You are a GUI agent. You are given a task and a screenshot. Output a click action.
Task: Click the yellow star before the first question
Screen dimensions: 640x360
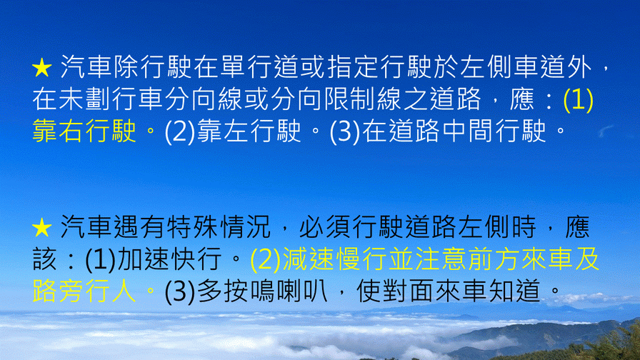(42, 68)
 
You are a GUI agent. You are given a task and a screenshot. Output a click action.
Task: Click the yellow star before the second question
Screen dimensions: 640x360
(42, 228)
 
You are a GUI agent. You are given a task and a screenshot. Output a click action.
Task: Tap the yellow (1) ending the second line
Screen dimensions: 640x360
(578, 99)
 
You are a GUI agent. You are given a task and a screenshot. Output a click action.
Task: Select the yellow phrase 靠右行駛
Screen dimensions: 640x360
(84, 131)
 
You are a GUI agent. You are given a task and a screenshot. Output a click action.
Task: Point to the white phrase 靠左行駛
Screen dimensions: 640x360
(249, 131)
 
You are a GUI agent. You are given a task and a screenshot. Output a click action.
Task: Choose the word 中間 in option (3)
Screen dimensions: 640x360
(468, 131)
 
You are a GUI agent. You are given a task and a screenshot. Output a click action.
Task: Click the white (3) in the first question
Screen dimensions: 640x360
(345, 131)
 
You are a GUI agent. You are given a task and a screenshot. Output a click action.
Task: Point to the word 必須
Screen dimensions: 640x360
(325, 227)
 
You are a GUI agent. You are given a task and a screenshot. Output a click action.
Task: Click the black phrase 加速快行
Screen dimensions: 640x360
(169, 259)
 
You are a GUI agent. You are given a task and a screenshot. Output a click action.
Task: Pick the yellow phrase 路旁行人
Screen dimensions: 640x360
(84, 291)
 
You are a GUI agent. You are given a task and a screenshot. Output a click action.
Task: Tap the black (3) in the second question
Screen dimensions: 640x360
(180, 291)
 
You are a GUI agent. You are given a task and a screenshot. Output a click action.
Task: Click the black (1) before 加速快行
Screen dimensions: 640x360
(101, 259)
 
